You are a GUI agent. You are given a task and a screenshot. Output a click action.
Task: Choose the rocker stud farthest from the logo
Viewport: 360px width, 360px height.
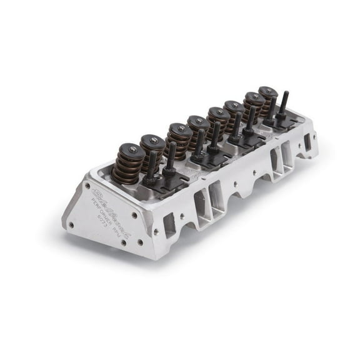(282, 102)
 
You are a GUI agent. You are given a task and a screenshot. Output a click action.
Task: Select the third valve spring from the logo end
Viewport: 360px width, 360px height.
(179, 139)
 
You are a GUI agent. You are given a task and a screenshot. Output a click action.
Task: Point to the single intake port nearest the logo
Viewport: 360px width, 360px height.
(169, 224)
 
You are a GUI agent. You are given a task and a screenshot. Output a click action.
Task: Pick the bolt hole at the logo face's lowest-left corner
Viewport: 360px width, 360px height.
(72, 224)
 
